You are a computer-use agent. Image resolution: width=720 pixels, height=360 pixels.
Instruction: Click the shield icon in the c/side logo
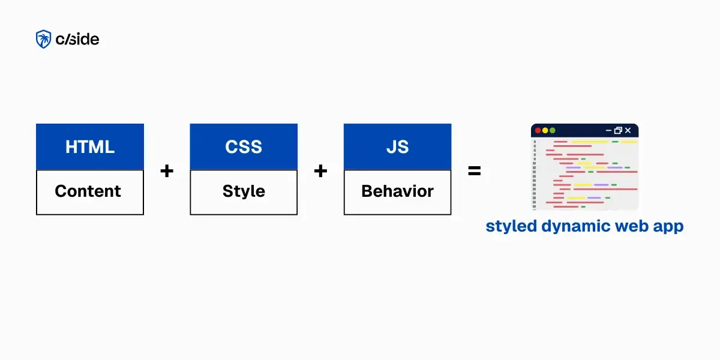point(43,40)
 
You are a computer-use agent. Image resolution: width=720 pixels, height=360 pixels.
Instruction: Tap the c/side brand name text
point(77,40)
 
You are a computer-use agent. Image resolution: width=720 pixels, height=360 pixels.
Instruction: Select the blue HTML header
point(90,146)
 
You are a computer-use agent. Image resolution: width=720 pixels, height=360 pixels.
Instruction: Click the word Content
point(88,191)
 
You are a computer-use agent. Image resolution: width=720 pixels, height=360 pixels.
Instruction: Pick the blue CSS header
point(244,146)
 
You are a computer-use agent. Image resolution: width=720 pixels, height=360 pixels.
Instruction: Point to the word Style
point(244,191)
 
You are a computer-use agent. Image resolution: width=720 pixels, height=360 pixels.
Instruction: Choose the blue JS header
point(397,146)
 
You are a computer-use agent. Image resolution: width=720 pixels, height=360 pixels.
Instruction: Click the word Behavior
point(397,191)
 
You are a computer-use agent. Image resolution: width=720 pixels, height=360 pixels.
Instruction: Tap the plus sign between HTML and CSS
point(167,171)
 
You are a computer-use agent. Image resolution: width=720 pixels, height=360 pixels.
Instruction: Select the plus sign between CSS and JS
point(320,171)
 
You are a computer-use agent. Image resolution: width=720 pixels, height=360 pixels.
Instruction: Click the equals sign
point(474,171)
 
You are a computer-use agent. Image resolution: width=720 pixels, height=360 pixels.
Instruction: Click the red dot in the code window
point(538,130)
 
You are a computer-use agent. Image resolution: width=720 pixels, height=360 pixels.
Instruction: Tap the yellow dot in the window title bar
point(545,130)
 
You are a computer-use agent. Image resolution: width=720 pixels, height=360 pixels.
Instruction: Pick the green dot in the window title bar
point(552,130)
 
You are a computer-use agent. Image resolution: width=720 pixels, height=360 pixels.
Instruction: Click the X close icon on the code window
point(628,130)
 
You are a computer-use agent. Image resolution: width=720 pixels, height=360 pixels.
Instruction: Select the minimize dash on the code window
point(609,130)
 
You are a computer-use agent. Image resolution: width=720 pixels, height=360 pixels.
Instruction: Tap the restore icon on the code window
point(619,130)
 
